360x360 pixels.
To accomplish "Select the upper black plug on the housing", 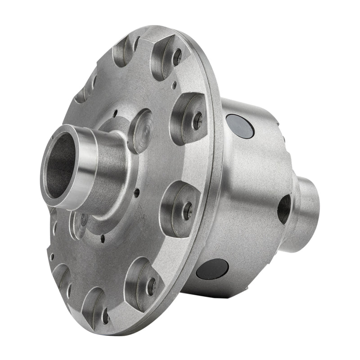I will [240, 126].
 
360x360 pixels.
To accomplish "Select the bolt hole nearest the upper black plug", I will [197, 120].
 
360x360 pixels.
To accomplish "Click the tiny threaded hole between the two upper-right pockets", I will [185, 83].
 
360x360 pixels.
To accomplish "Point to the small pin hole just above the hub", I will [116, 113].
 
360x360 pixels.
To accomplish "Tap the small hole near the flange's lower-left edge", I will [52, 257].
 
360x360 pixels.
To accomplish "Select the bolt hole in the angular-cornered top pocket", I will [177, 57].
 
